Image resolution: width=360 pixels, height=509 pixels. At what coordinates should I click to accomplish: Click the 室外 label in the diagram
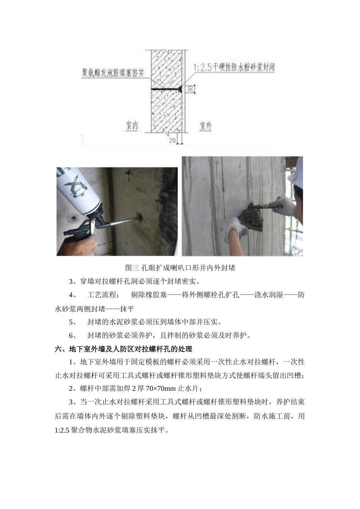205,126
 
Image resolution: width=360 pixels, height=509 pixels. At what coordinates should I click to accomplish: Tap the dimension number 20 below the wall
172,141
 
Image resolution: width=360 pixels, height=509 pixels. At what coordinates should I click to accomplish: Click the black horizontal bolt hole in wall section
167,89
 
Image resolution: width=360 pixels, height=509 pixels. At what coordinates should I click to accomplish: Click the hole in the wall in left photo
138,217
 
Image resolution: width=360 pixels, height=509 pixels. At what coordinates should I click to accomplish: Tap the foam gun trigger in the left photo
91,229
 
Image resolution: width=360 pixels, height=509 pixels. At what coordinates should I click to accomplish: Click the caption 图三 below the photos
132,268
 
